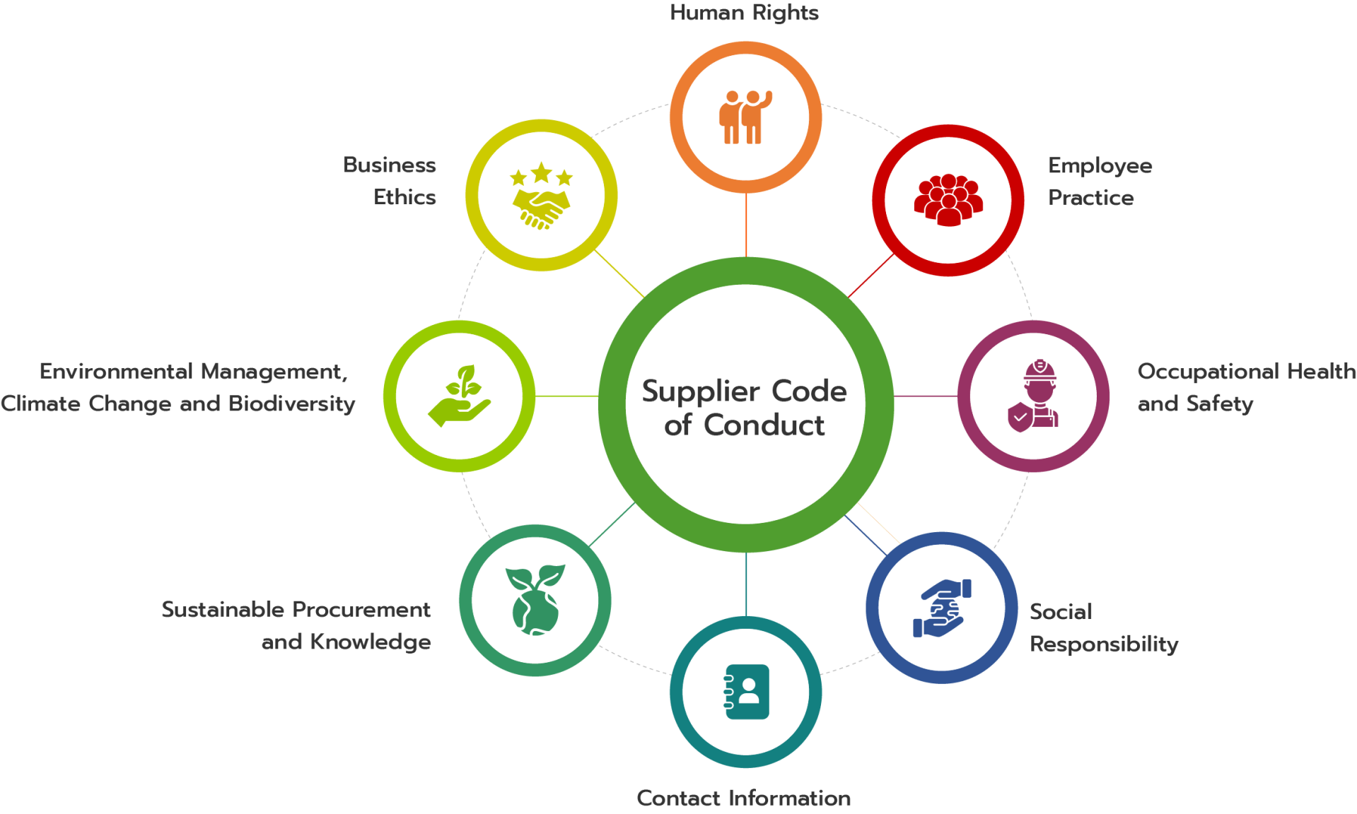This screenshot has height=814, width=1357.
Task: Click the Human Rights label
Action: [x=744, y=13]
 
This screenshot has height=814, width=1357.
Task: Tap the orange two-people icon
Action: [x=745, y=117]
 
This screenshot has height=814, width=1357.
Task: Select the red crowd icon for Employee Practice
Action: [x=948, y=200]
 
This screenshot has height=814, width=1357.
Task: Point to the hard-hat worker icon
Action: [x=1033, y=395]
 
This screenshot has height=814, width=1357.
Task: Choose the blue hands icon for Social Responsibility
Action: [x=942, y=608]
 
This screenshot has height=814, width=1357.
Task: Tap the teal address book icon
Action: [x=746, y=692]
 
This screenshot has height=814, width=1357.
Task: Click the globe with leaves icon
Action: [x=535, y=600]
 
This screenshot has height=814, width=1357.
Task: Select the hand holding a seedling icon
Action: [x=460, y=396]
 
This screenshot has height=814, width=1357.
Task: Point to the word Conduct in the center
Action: [x=764, y=425]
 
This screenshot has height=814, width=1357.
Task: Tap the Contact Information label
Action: [x=743, y=798]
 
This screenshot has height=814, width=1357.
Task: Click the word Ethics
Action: [x=404, y=197]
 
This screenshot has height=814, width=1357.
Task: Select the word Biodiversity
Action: [x=292, y=403]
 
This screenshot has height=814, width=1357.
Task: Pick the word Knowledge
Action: [x=371, y=642]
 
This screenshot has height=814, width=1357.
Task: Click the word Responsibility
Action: [x=1104, y=644]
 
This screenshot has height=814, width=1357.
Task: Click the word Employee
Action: [x=1100, y=166]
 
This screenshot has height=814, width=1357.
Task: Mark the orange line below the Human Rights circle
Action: [x=746, y=225]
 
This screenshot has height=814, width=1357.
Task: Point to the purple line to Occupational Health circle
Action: [x=926, y=396]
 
